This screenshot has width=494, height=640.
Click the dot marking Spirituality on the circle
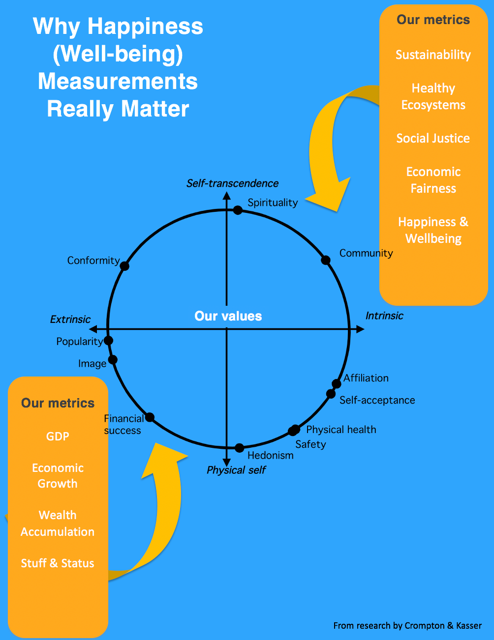click(x=238, y=210)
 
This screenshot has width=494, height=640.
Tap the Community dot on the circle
click(x=325, y=260)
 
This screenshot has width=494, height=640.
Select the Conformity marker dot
click(x=124, y=265)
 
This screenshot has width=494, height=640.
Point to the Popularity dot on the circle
click(x=108, y=341)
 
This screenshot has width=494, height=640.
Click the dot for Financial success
click(x=150, y=417)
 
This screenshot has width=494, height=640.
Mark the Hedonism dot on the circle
click(x=239, y=448)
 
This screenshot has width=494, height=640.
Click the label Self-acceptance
click(x=377, y=400)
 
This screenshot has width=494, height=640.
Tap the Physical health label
click(x=341, y=430)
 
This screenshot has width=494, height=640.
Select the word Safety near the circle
click(x=310, y=444)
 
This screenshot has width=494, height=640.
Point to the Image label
click(x=93, y=364)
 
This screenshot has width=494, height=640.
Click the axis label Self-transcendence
click(x=232, y=183)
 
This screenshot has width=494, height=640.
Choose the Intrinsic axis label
click(x=384, y=316)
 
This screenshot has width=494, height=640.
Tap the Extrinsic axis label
click(x=70, y=320)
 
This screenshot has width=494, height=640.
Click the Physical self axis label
click(x=236, y=470)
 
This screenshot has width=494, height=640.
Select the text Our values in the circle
click(x=228, y=316)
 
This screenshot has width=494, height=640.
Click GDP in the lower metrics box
click(x=58, y=436)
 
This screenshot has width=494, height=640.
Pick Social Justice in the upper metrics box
click(x=433, y=139)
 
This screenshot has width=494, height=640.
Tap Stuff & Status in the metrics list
click(x=58, y=563)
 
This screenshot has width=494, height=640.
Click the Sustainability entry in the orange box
click(x=433, y=55)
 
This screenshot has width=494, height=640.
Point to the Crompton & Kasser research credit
click(x=407, y=625)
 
